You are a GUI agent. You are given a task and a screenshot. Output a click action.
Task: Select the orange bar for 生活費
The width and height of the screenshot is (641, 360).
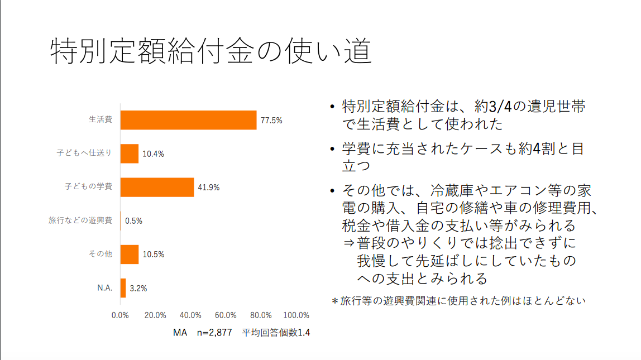189,120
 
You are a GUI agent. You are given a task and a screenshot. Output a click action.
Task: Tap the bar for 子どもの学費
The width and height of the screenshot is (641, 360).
157,188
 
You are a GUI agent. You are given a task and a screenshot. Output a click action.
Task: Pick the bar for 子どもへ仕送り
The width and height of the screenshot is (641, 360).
130,153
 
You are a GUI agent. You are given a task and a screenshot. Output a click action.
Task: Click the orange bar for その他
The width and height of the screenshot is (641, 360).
130,255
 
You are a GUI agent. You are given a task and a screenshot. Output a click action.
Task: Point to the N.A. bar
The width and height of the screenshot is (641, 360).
123,288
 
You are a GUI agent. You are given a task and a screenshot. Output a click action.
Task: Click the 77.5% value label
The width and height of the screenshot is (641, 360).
271,120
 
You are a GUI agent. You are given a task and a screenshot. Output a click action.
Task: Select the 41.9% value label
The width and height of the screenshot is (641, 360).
208,188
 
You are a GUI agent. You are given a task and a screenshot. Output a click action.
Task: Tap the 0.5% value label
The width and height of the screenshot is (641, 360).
133,221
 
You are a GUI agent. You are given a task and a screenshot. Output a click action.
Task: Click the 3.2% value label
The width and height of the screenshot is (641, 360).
138,289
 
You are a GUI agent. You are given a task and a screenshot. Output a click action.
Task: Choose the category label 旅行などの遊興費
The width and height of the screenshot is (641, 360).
80,220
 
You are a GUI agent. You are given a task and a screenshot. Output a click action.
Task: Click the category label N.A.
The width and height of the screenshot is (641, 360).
105,288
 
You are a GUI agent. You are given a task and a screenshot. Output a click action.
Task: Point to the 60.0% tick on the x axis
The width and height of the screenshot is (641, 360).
226,315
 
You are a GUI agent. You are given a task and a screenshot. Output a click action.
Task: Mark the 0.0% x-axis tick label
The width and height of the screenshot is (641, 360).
121,315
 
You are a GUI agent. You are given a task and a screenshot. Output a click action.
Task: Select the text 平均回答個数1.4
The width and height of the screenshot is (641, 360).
275,333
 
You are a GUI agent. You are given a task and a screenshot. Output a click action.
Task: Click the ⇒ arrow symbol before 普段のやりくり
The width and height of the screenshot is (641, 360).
349,243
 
